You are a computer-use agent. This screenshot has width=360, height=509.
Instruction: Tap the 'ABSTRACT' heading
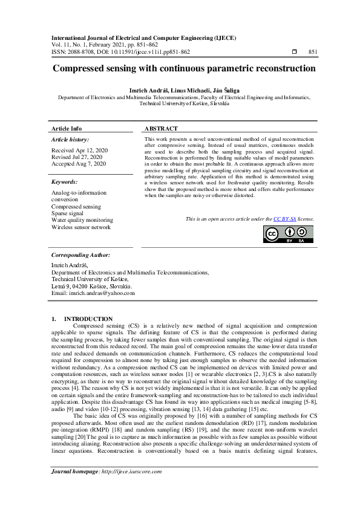click(x=161, y=129)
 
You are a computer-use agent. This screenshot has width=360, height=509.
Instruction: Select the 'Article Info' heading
click(x=67, y=129)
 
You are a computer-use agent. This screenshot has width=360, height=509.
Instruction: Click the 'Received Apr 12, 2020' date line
click(x=80, y=149)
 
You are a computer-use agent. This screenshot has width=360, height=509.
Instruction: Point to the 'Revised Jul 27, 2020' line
click(x=78, y=156)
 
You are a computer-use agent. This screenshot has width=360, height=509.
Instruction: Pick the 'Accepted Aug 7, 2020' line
click(x=79, y=163)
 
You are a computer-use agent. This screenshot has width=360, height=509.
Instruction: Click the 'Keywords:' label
click(x=64, y=181)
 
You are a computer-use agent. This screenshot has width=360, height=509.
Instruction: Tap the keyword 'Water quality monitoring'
click(x=82, y=220)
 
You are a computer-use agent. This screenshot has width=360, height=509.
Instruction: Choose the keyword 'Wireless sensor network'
click(x=81, y=227)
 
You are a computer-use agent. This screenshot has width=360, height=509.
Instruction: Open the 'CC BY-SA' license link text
click(x=284, y=218)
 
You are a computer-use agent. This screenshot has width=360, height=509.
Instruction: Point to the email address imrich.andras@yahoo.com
click(x=93, y=293)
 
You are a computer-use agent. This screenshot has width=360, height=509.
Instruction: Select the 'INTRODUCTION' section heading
click(x=88, y=319)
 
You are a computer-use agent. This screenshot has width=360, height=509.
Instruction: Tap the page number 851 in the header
click(x=313, y=52)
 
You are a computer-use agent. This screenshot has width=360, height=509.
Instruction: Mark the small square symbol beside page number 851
click(x=294, y=52)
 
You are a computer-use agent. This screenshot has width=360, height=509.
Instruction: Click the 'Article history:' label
click(x=70, y=139)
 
